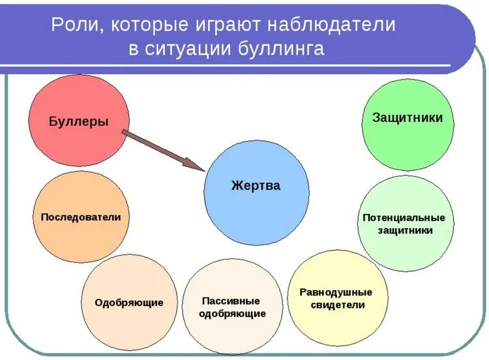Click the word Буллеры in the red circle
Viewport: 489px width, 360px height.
(79, 121)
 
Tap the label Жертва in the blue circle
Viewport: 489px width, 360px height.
(256, 186)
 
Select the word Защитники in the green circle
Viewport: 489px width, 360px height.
(407, 117)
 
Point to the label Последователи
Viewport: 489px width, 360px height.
(81, 217)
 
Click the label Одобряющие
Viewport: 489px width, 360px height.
(129, 303)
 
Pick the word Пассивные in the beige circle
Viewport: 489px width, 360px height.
(231, 301)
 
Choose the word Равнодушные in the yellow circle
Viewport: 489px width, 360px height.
(336, 292)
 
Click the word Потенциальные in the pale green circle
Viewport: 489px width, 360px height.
(404, 217)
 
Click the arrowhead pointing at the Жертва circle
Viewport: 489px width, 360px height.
(196, 164)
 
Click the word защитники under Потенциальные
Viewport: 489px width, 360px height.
(406, 230)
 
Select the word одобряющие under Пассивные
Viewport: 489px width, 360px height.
(233, 314)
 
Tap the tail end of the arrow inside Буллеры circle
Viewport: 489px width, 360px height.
(124, 133)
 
